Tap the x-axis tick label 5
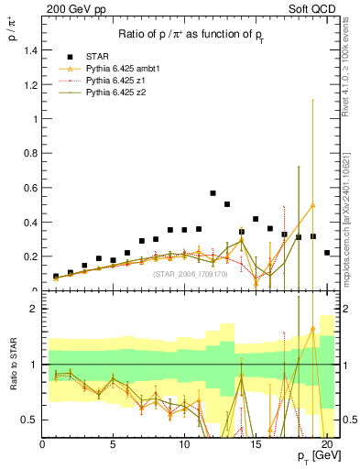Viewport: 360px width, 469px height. coord(113,443)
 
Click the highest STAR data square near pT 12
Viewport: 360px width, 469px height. coord(213,193)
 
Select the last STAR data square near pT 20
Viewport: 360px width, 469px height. coord(327,252)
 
